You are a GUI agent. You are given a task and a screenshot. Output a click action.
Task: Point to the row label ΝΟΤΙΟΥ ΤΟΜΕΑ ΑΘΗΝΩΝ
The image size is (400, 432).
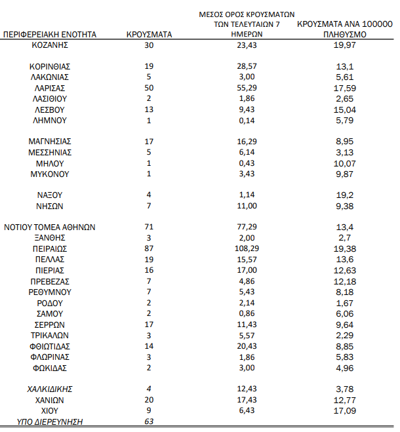pos(50,227)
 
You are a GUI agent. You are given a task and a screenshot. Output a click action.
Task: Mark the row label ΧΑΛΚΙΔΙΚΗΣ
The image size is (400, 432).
pos(50,389)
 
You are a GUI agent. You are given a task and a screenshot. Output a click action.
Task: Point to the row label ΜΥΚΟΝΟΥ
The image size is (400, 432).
pos(50,174)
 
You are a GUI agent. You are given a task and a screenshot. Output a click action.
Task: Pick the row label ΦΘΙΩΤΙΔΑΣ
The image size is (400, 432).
pos(50,346)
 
